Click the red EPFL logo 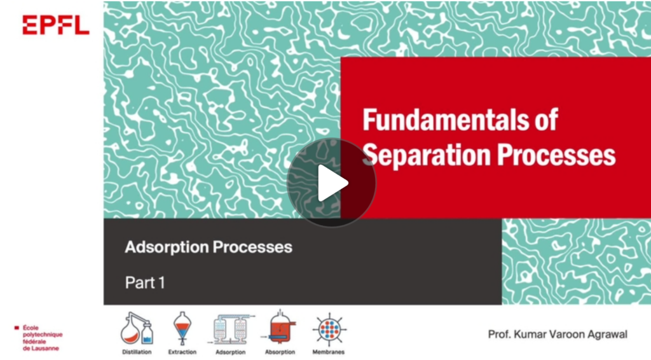[x=56, y=25]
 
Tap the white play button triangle [x=332, y=183]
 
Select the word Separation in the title [x=427, y=155]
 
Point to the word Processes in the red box [x=556, y=155]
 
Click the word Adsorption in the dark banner [x=167, y=247]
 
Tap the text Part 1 [x=146, y=283]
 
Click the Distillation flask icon [x=137, y=328]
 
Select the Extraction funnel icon [x=182, y=328]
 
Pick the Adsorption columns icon [x=231, y=329]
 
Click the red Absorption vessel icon [x=280, y=328]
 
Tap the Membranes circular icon [x=329, y=329]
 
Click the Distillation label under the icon [x=137, y=352]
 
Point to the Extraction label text [x=182, y=352]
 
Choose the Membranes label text [x=329, y=352]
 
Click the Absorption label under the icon [x=280, y=352]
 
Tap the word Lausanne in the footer [x=41, y=349]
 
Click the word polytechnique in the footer [x=43, y=335]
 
